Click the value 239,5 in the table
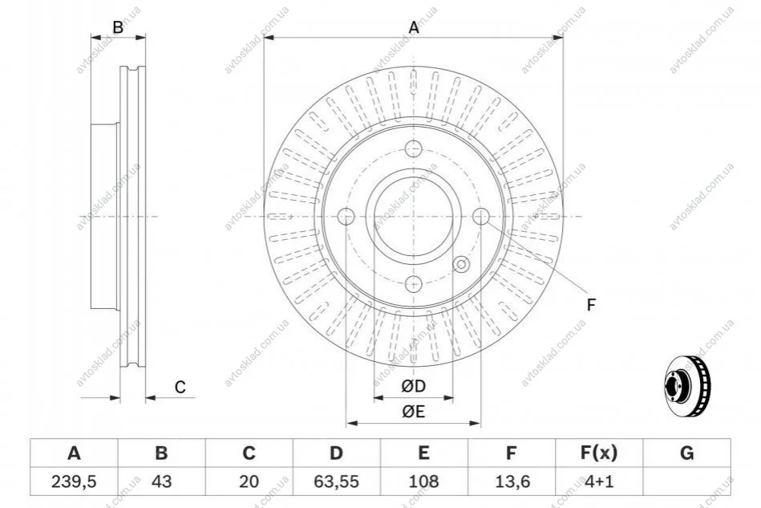click(74, 482)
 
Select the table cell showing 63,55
click(336, 482)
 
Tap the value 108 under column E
click(423, 482)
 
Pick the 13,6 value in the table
click(511, 482)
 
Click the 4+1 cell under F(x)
click(599, 482)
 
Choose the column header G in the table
click(686, 453)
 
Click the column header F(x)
click(599, 453)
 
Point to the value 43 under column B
click(162, 482)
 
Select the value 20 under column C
click(249, 482)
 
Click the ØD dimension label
click(413, 386)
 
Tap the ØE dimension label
click(413, 412)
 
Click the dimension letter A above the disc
click(414, 27)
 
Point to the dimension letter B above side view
click(118, 27)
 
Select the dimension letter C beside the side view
click(180, 387)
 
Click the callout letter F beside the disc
click(591, 305)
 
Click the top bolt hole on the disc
click(414, 148)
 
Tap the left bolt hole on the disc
click(346, 216)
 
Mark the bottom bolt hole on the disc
click(414, 283)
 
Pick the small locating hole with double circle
click(460, 264)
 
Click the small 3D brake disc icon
click(686, 385)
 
